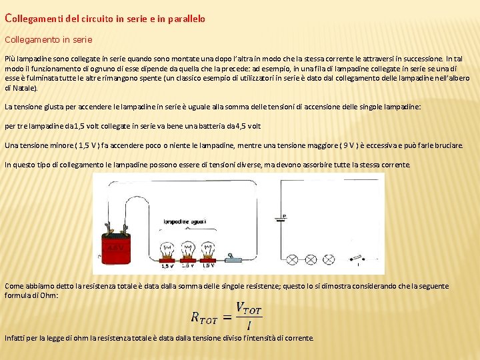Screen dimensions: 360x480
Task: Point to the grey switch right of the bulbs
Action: (234, 257)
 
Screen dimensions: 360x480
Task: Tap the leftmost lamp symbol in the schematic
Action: (293, 257)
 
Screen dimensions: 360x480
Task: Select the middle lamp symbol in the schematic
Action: (311, 257)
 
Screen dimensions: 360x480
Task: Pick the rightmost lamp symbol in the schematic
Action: (329, 257)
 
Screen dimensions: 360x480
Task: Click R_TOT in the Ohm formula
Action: (205, 317)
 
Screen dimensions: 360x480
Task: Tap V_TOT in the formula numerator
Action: (249, 309)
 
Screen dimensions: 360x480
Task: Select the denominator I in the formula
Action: (249, 326)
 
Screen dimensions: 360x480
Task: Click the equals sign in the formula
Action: (227, 317)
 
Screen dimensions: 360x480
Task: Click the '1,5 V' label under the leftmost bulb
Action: (167, 266)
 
